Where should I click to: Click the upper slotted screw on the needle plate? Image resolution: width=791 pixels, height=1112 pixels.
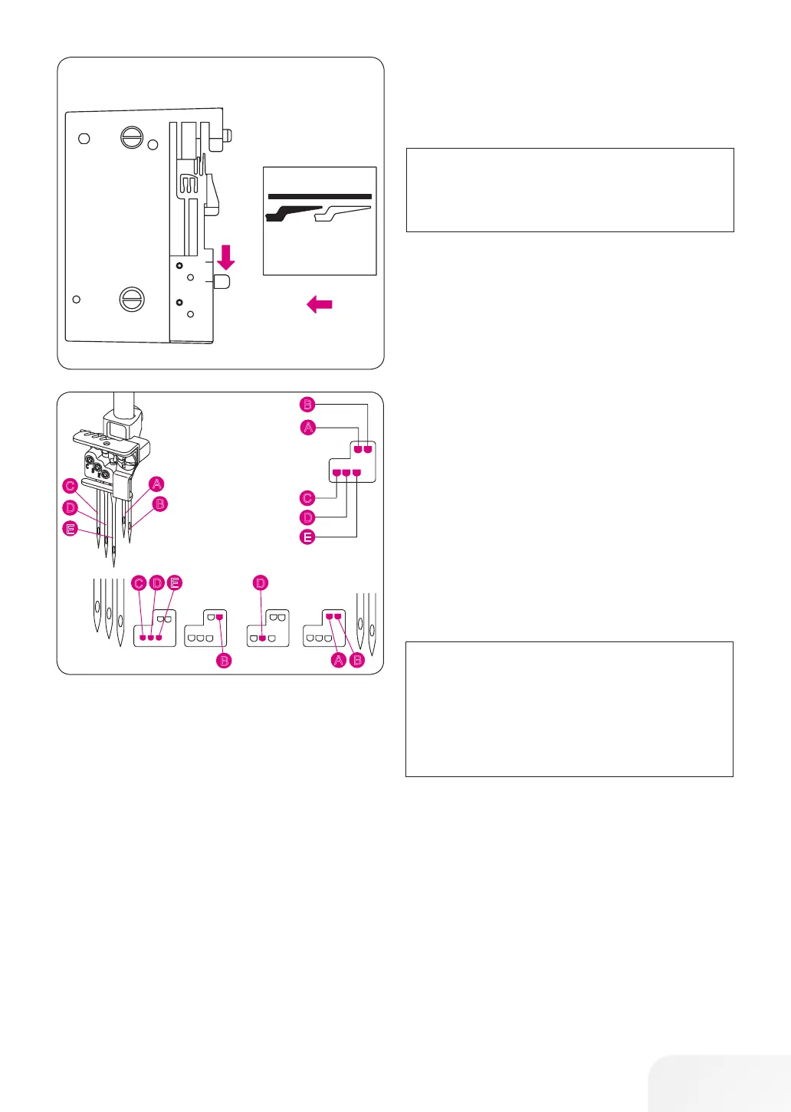click(132, 138)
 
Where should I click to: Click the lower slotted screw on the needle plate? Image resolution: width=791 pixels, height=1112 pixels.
click(132, 299)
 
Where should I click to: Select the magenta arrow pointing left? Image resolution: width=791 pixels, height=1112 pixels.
click(319, 305)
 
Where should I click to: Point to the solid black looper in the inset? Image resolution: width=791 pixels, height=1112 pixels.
click(291, 212)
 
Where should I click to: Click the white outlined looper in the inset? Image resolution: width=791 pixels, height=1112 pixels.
click(344, 212)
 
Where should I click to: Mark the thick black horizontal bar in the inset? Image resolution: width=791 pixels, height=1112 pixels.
click(320, 196)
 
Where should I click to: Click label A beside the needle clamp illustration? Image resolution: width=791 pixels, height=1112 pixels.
click(156, 484)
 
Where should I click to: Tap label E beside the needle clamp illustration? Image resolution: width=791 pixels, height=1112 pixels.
click(71, 528)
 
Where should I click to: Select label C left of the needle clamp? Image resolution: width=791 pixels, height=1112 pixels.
click(71, 486)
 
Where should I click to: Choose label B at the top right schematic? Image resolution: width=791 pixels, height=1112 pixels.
click(307, 405)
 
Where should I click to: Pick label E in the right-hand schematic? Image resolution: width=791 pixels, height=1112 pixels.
click(307, 537)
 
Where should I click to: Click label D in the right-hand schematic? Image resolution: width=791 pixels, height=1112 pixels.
click(307, 518)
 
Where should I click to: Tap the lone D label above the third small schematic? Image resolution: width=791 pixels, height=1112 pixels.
click(261, 583)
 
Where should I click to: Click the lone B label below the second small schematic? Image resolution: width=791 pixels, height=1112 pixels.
click(224, 660)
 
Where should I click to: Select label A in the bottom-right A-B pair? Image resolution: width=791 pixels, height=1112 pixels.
click(339, 660)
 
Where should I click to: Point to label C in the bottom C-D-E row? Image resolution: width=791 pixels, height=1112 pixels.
click(139, 583)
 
